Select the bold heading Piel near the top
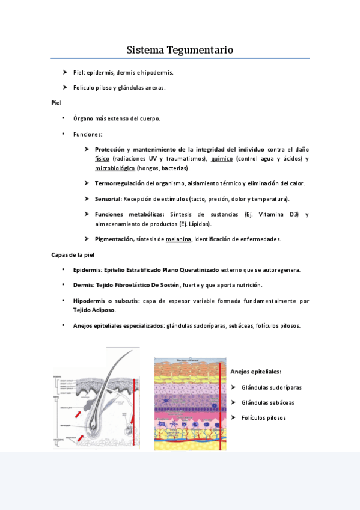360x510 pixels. point(56,103)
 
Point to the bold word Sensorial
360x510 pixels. point(108,198)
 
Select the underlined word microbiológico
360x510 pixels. point(115,168)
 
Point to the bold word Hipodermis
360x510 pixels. point(90,300)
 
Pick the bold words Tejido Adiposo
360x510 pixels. point(94,310)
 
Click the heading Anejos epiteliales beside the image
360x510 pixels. point(255,372)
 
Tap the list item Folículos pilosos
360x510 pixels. point(263,417)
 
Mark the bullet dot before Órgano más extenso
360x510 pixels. point(63,118)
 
